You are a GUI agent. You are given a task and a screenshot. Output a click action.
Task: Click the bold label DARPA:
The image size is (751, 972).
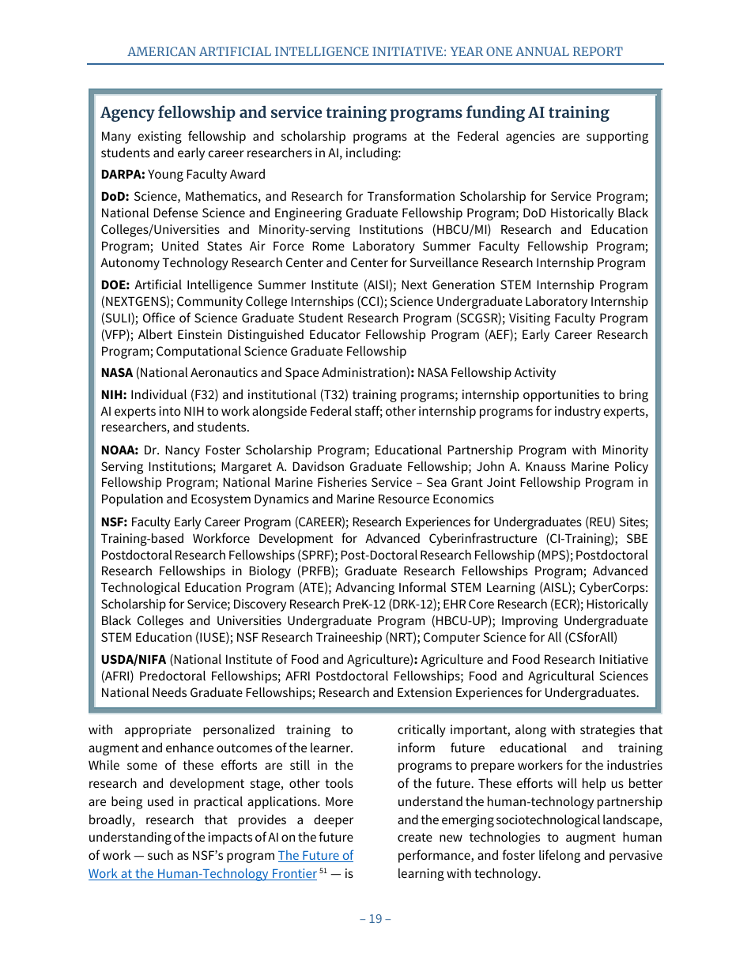123,175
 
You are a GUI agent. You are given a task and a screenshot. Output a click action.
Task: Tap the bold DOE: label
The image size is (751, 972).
115,285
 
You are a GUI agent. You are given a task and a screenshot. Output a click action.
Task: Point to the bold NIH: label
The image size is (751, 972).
114,395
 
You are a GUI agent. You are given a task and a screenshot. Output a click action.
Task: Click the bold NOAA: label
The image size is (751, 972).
119,450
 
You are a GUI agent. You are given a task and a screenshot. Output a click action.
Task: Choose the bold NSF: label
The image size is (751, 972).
114,522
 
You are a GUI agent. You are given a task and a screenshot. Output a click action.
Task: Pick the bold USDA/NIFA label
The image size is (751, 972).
133,660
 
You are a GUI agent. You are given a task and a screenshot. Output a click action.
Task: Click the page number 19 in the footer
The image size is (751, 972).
375,918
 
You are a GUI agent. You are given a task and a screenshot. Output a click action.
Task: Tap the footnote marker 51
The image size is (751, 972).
323,871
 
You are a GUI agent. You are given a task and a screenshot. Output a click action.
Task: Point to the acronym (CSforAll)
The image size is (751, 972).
589,638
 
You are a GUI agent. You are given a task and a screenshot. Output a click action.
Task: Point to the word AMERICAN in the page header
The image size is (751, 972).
160,52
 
